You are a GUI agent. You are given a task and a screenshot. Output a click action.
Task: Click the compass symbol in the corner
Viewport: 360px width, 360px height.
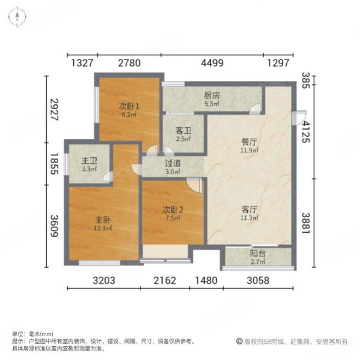[x=17, y=17]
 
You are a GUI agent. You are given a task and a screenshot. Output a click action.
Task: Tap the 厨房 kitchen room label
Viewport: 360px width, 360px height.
[x=212, y=95]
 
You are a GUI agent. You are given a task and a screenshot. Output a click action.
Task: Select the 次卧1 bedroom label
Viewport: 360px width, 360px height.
[x=129, y=106]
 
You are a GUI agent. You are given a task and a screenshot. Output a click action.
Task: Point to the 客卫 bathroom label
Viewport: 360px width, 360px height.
[x=183, y=131]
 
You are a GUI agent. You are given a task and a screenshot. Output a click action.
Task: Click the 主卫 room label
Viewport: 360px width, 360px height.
[x=89, y=161]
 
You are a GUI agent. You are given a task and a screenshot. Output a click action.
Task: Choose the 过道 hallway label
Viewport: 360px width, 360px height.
[x=173, y=163]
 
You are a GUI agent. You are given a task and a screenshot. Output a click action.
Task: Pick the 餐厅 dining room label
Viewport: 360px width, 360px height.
[x=249, y=142]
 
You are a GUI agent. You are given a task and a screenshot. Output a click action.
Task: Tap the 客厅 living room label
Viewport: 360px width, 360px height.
[x=250, y=209]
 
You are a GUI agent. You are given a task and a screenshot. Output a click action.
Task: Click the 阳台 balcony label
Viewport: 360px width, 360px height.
[x=258, y=253]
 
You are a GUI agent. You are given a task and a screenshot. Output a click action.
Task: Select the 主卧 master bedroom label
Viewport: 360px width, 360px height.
[x=103, y=220]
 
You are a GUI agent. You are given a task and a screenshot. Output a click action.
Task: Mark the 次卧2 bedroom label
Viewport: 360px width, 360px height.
[x=173, y=209]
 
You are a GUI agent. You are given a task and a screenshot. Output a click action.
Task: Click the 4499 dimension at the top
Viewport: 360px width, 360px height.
[x=212, y=63]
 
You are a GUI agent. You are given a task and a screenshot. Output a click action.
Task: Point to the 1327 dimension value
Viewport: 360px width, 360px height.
[x=82, y=63]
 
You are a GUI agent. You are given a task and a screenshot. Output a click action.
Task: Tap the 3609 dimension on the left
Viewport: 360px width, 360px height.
[x=55, y=226]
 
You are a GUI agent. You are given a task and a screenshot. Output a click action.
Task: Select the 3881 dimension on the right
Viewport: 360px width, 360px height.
[x=306, y=223]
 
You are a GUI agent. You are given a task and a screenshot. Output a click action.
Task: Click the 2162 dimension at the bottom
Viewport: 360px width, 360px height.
[x=164, y=281]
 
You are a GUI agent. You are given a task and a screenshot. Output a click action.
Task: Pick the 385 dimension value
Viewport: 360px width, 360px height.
[x=306, y=80]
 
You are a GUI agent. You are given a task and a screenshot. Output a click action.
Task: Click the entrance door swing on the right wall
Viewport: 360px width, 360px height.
[x=299, y=118]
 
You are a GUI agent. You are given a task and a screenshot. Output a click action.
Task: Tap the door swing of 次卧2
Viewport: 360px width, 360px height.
[x=194, y=185]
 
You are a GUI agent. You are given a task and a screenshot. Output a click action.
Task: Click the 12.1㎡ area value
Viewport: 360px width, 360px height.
[x=103, y=228]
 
